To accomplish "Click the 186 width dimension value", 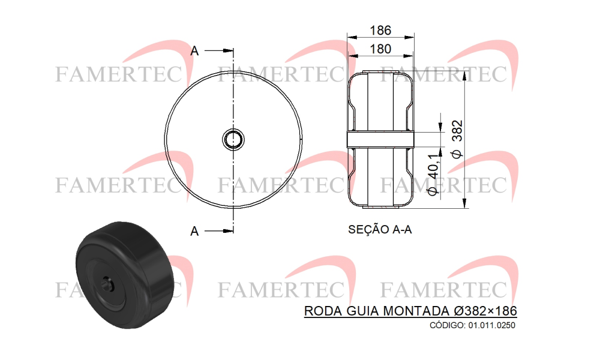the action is pos(380,30).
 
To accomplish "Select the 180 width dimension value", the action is pos(380,49).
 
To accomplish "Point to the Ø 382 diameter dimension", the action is pos(457,139).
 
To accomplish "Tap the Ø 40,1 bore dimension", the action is pos(433,175).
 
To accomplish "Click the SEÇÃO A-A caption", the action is pos(380,230).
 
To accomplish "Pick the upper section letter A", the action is pos(195,51).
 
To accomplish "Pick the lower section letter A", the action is pos(195,231).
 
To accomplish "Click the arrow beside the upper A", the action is pos(219,50).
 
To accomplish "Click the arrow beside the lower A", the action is pos(219,230).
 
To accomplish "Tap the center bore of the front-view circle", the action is pos(233,139).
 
